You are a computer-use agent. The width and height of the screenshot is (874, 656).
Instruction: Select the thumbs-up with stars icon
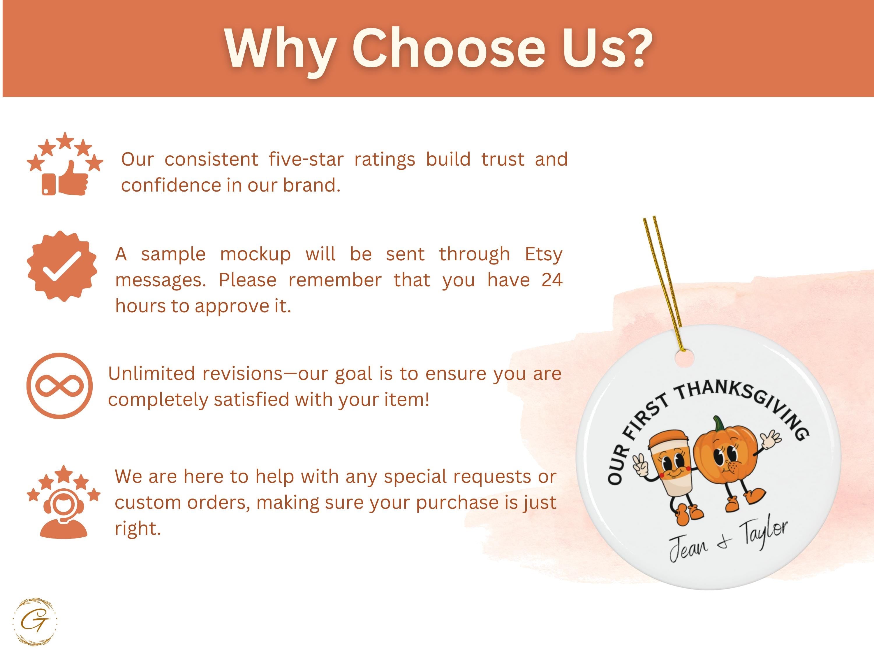(65, 164)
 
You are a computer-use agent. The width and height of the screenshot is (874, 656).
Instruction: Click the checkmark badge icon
(62, 266)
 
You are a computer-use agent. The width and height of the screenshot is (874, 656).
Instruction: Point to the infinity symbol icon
(60, 386)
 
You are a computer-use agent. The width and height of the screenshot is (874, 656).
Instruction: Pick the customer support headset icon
(64, 501)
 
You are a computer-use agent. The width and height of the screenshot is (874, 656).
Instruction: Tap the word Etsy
(543, 254)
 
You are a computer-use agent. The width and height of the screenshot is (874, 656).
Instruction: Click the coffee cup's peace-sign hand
(640, 465)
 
